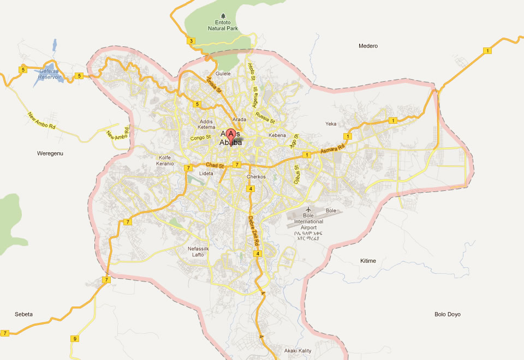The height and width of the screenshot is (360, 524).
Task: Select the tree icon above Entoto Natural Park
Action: [222, 15]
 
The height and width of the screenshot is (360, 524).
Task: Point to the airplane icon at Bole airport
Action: [308, 209]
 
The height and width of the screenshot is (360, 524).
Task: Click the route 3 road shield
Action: [191, 41]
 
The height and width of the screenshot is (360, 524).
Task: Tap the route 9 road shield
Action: [74, 339]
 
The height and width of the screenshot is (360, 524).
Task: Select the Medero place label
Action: [368, 46]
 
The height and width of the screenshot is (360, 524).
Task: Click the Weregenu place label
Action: [50, 153]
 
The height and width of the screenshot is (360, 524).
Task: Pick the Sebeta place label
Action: [23, 314]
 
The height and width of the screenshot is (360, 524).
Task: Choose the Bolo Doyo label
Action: [448, 314]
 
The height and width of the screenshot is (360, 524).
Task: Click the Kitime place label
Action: [368, 261]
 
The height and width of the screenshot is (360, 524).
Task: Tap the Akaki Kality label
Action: [297, 350]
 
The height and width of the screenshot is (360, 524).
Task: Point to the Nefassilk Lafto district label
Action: [195, 251]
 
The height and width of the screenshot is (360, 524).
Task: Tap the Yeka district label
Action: [331, 124]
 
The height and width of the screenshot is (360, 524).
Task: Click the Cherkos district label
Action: [256, 177]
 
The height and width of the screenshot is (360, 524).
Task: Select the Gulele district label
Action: [223, 73]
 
